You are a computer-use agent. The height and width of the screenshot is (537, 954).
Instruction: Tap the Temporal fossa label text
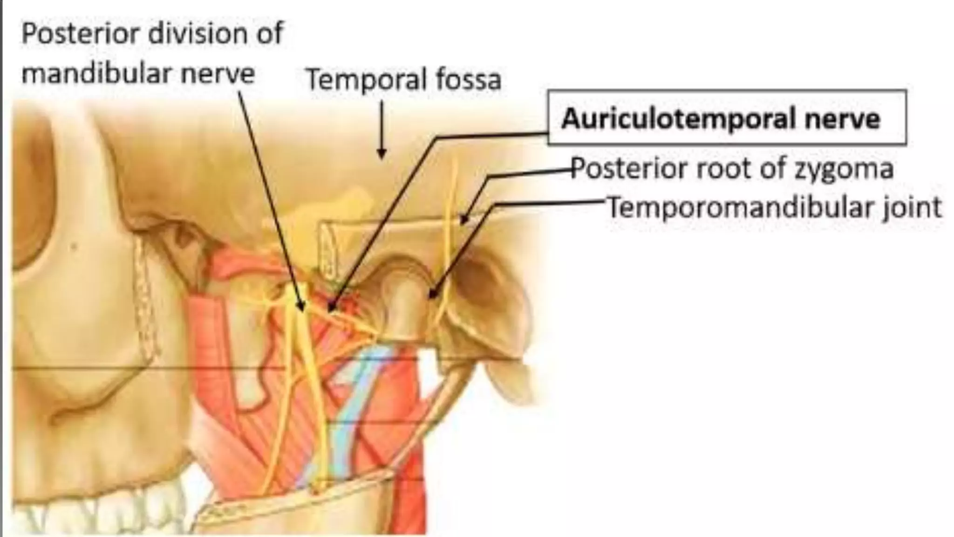[403, 79]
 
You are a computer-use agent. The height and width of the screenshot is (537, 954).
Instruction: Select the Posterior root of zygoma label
[732, 168]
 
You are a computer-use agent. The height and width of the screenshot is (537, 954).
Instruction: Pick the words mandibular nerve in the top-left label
[138, 74]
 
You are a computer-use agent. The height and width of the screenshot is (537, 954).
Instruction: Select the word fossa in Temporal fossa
[468, 79]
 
